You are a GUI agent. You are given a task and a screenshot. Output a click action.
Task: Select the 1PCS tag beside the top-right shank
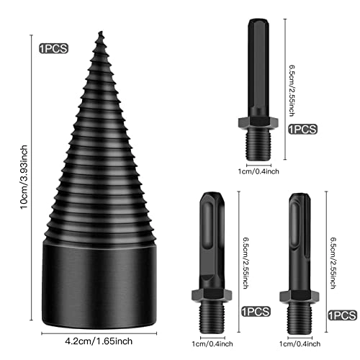pos(302,130)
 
